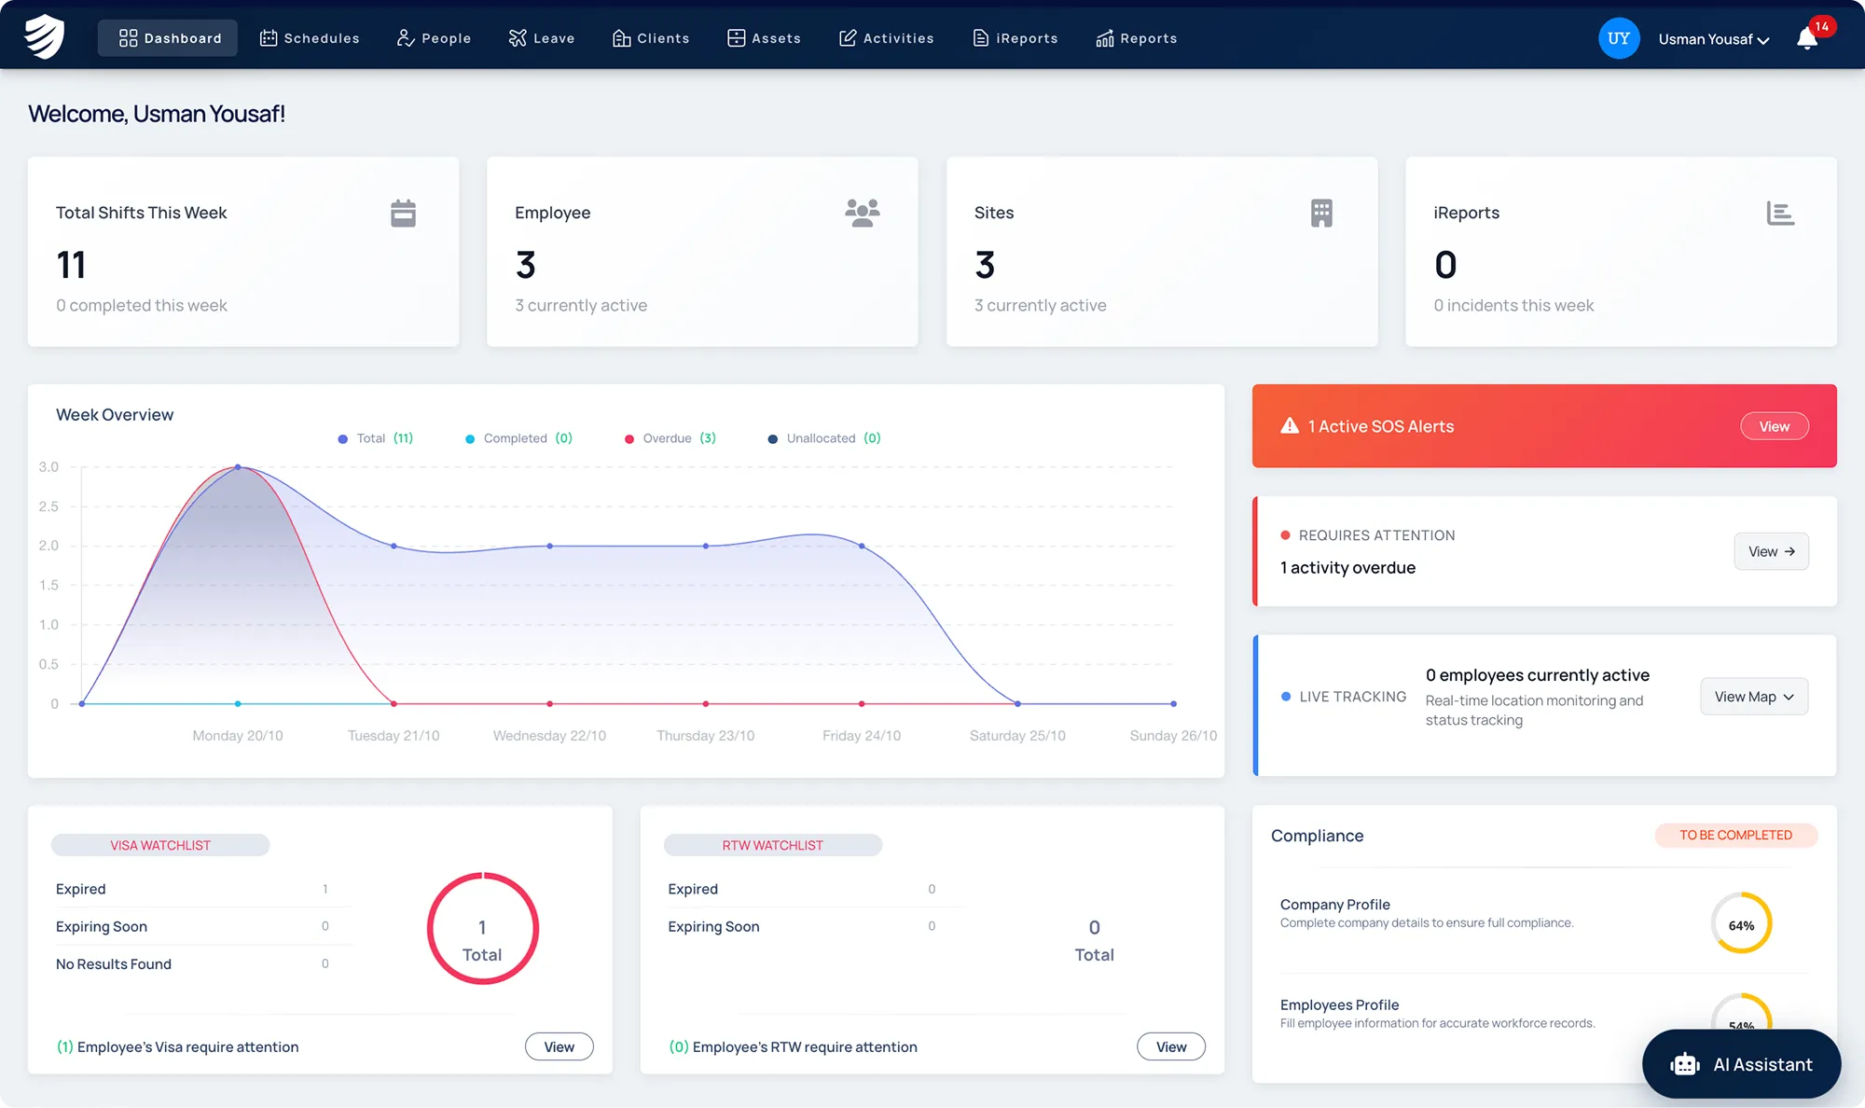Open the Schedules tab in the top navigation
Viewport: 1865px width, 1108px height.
(310, 38)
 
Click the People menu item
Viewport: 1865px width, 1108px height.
(434, 38)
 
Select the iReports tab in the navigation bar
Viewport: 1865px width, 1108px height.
(1015, 38)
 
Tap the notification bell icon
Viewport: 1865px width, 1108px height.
(1807, 38)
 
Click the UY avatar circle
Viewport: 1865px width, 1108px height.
(1619, 38)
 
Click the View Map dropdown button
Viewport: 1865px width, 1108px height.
(1754, 697)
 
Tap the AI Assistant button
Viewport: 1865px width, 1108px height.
(1741, 1064)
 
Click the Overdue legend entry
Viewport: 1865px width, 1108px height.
(670, 438)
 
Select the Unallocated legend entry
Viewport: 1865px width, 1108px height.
(824, 438)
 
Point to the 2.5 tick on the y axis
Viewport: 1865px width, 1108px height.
(48, 506)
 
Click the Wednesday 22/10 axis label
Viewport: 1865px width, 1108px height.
(549, 736)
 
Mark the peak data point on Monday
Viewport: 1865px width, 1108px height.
(238, 467)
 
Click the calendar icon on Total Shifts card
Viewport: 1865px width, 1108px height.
(403, 214)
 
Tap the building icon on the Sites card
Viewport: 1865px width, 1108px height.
(1321, 214)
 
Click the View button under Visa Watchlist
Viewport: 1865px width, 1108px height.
(559, 1046)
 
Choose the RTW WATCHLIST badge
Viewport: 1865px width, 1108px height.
(773, 845)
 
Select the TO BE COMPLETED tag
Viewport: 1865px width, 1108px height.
(1736, 835)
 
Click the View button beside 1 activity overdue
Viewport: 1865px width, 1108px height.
(1772, 551)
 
